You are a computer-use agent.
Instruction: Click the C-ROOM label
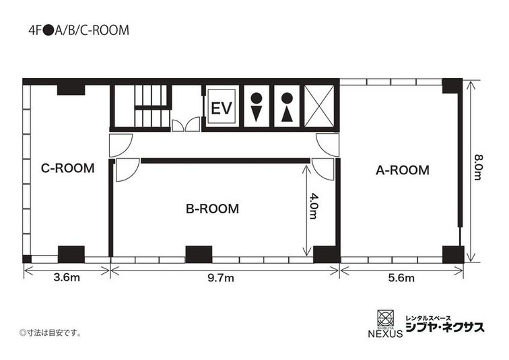click(x=67, y=168)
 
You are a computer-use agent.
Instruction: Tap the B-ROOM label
click(x=212, y=209)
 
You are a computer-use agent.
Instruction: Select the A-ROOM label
click(x=402, y=170)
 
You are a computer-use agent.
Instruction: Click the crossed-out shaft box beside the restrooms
click(x=318, y=106)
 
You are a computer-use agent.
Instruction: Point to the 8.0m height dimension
click(x=479, y=168)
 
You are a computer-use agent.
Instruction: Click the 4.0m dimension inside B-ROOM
click(x=313, y=207)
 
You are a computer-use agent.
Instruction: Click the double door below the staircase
click(x=185, y=125)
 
